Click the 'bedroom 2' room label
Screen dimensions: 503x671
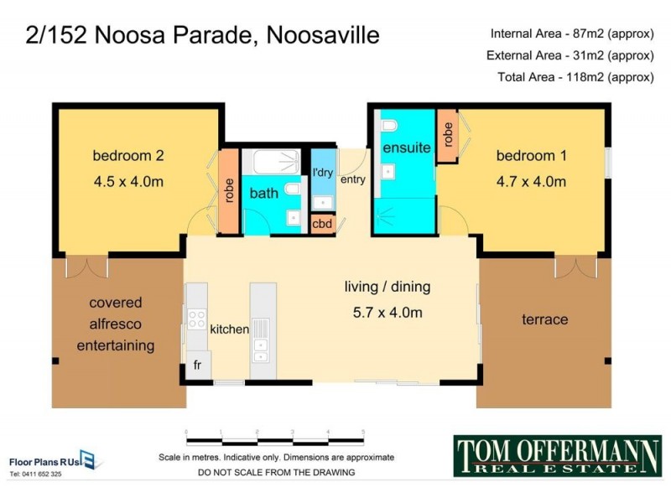[x=127, y=155]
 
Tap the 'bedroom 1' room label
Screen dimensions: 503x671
[x=526, y=155]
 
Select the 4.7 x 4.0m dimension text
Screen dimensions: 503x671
[x=531, y=181]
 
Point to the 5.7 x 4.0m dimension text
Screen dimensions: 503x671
[x=387, y=313]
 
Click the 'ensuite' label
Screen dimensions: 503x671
[x=406, y=148]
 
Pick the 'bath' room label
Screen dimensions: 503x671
[x=263, y=194]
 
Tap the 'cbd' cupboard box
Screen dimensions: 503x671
[x=322, y=224]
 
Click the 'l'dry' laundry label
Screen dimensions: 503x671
[x=323, y=173]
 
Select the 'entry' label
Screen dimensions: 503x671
[x=354, y=179]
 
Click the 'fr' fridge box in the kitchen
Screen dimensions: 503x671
[x=198, y=366]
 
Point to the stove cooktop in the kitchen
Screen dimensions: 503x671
[x=196, y=319]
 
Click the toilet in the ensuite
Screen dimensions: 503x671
[x=389, y=127]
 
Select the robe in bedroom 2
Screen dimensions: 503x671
[x=227, y=194]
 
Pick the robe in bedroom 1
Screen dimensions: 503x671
[x=448, y=137]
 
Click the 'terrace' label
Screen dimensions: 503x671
[x=544, y=319]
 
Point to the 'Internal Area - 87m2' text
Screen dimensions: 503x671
[x=571, y=34]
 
